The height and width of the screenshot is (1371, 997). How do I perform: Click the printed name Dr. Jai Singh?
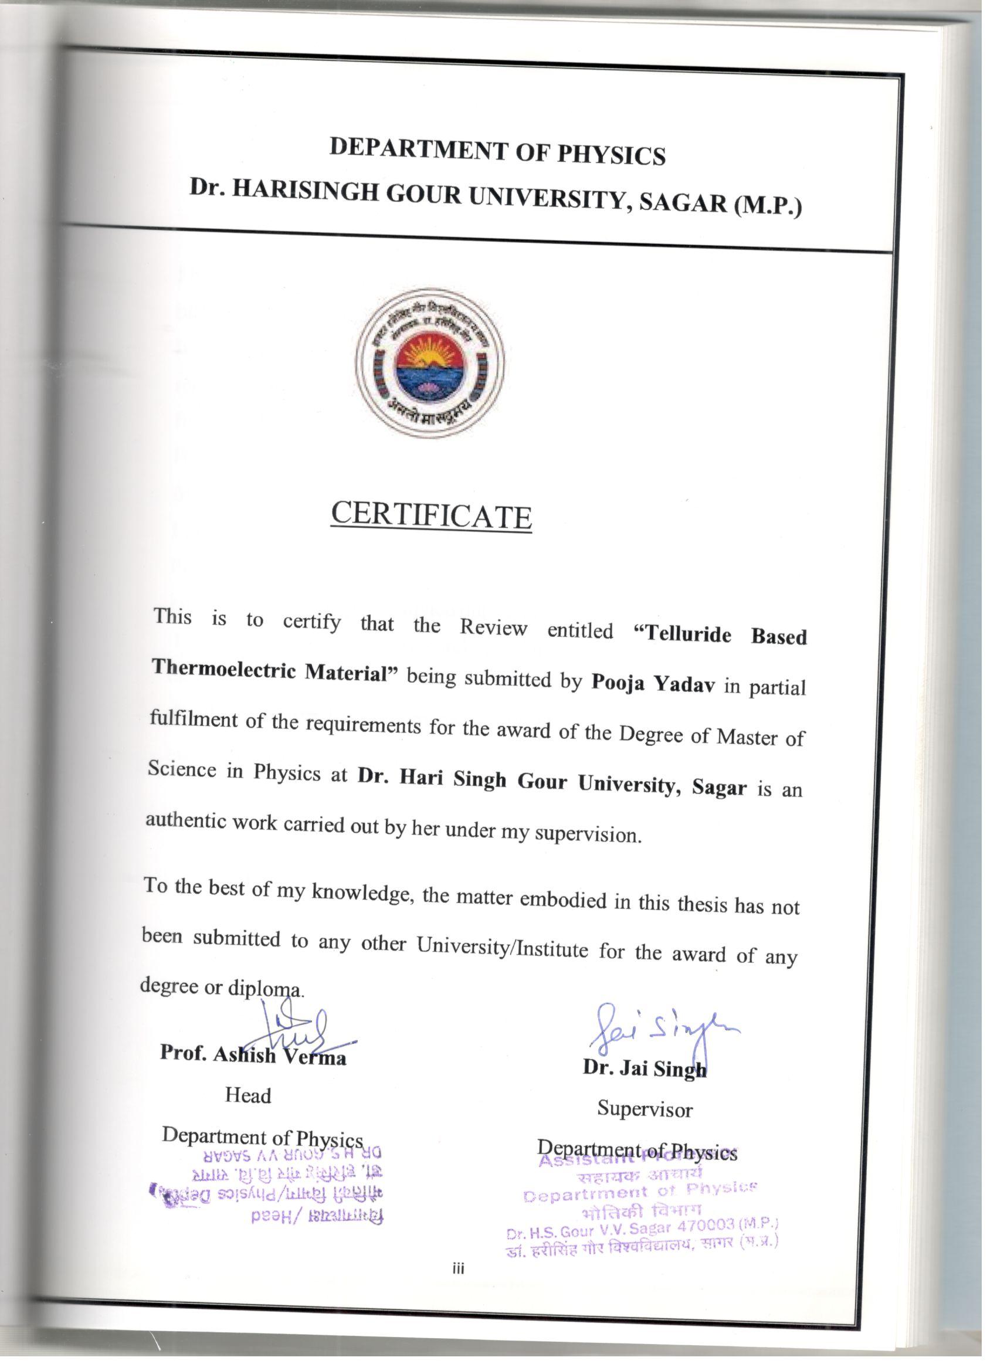pyautogui.click(x=645, y=1069)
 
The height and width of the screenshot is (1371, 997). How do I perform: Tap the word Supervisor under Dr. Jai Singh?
pyautogui.click(x=645, y=1109)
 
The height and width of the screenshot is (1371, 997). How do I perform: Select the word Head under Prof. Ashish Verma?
pyautogui.click(x=248, y=1095)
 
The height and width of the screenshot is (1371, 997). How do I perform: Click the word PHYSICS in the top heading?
pyautogui.click(x=611, y=155)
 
